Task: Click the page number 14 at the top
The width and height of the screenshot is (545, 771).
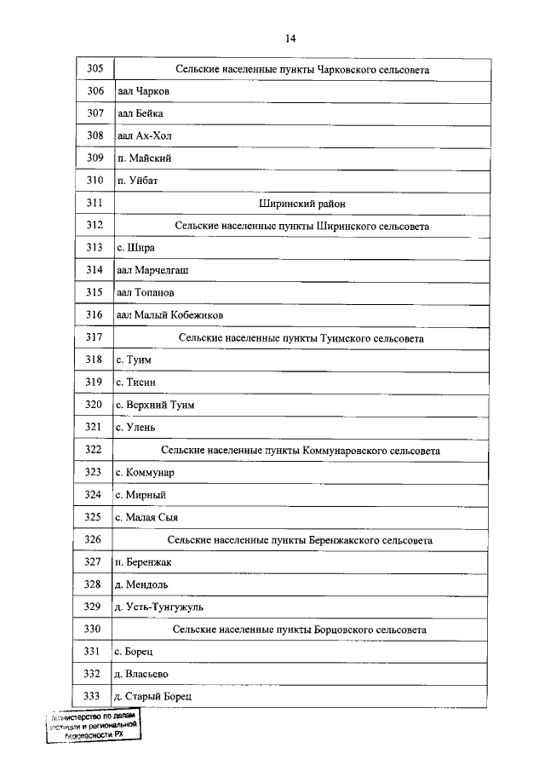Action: click(x=290, y=39)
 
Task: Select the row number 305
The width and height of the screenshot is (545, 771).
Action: click(x=95, y=68)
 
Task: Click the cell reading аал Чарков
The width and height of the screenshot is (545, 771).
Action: click(x=142, y=91)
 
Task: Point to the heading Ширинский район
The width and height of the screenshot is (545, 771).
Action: click(x=301, y=204)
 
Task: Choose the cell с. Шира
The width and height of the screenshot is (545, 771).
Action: click(x=135, y=248)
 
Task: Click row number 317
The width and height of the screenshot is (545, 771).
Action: click(x=95, y=337)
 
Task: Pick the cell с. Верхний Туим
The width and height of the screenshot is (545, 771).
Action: click(x=155, y=405)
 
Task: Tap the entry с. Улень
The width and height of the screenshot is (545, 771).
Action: click(x=136, y=427)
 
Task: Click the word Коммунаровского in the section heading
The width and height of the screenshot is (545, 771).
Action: click(x=346, y=450)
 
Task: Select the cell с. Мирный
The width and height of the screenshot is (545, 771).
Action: click(x=141, y=494)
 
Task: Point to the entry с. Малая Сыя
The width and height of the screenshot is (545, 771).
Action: click(x=146, y=517)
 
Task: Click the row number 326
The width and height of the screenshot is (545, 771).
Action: click(x=95, y=539)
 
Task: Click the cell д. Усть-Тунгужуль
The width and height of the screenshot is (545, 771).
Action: click(x=158, y=607)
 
